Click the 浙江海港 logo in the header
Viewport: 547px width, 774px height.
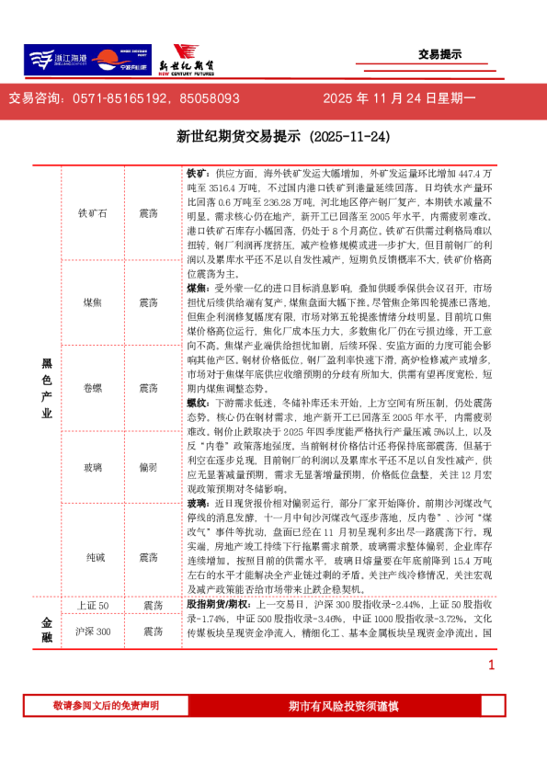55,60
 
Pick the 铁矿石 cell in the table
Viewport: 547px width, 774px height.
92,213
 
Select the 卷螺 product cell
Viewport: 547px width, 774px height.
92,388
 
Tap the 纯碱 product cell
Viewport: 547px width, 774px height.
92,557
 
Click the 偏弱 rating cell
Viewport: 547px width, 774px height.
147,468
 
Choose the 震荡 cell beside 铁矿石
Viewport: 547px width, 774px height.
147,213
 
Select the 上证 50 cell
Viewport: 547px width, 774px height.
92,606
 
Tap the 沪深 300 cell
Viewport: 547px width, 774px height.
92,632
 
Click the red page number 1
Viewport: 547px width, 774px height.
491,666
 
